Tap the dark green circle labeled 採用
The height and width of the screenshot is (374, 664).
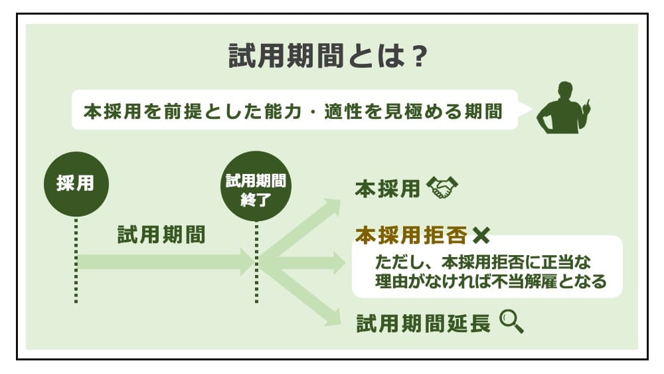click(76, 184)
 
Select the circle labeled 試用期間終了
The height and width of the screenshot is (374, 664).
click(256, 188)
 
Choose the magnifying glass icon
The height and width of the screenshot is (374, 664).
click(511, 322)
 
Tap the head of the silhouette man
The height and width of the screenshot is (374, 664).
click(566, 90)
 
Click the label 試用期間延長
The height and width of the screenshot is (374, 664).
click(423, 324)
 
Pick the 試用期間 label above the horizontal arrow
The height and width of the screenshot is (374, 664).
click(161, 234)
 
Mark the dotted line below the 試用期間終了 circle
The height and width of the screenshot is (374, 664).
click(256, 266)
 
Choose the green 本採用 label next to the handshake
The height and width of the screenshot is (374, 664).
click(387, 189)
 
